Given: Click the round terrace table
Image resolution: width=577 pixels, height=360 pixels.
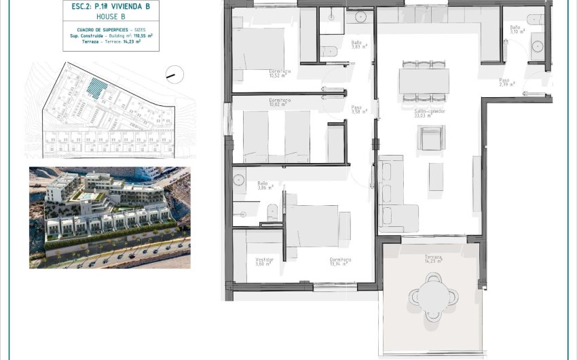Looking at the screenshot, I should [x=430, y=294].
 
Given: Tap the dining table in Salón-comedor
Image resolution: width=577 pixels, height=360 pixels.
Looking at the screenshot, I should [x=424, y=81].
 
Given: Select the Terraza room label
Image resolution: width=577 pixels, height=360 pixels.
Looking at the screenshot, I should [x=433, y=257].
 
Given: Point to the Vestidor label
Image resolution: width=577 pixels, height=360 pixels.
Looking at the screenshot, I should [x=265, y=259].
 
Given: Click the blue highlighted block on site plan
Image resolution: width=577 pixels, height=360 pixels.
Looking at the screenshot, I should [x=98, y=88].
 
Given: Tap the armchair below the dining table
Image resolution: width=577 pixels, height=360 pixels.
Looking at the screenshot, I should [x=430, y=139].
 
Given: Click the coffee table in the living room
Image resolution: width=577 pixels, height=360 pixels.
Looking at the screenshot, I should [x=436, y=175].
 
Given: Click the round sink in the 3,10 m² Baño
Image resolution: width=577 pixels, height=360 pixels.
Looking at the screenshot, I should [x=538, y=46].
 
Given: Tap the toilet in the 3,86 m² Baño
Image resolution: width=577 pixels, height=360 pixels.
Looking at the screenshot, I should [x=272, y=211].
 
